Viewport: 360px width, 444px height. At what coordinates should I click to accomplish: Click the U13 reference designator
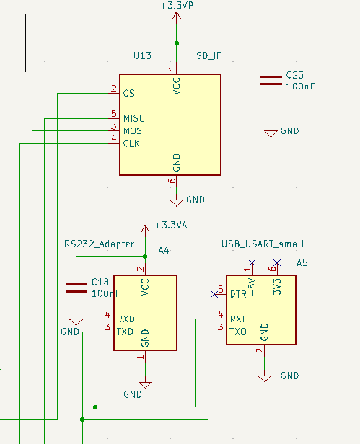142,55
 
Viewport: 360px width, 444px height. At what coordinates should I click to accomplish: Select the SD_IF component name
208,55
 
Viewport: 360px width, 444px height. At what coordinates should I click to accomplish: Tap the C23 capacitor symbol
271,80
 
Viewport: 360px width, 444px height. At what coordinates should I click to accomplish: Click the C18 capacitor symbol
76,288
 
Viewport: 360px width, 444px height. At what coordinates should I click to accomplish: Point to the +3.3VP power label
177,5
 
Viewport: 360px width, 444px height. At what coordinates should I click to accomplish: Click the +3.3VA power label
170,226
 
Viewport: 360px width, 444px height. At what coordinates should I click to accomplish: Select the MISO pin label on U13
134,118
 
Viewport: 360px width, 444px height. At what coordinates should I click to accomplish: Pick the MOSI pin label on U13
134,131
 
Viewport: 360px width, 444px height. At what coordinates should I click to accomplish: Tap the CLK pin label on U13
131,143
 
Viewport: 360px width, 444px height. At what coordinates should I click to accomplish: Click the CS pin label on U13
128,93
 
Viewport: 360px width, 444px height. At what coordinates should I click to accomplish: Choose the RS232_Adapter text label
100,244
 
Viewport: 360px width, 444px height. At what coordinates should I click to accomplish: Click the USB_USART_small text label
263,244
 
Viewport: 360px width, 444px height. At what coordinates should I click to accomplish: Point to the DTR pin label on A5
238,294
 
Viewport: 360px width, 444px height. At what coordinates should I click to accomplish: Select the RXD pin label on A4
126,319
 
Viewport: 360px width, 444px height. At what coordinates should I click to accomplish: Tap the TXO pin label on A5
238,332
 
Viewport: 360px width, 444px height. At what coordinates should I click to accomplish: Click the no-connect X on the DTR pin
214,295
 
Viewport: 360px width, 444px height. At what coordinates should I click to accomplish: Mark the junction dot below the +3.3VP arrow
177,43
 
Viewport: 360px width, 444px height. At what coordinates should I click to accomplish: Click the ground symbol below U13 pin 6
176,203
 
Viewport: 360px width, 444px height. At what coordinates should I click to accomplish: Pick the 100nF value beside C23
300,86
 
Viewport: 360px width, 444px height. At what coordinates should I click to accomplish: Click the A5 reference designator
302,263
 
